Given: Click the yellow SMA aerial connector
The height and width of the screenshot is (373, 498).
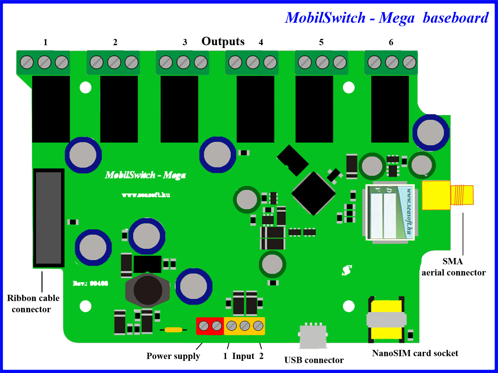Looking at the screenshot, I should [447, 195].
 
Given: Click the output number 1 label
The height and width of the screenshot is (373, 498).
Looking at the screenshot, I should [45, 42].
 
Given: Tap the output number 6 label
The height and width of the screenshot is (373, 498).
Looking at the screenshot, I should [391, 42].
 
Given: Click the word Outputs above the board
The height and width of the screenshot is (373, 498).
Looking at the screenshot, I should [223, 41].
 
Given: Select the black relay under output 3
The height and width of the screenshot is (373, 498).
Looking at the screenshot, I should [179, 109].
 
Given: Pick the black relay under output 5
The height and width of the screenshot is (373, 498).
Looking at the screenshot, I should [314, 109].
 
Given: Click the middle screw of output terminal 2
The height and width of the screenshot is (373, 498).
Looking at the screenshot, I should [114, 62].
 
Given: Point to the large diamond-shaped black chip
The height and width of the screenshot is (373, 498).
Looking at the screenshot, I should [313, 193].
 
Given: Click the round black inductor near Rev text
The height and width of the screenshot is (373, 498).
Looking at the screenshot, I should [148, 290].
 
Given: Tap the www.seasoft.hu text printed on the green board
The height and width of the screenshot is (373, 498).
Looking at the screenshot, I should [146, 195].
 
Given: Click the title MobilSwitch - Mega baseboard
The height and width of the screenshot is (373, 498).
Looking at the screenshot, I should [387, 18].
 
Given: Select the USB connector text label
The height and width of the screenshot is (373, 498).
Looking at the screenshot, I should [314, 360].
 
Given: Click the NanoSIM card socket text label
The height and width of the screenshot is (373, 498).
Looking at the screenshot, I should [415, 353].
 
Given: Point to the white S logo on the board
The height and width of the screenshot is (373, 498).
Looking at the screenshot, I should [347, 270].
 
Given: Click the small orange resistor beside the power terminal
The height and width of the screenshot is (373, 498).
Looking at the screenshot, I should [173, 330].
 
